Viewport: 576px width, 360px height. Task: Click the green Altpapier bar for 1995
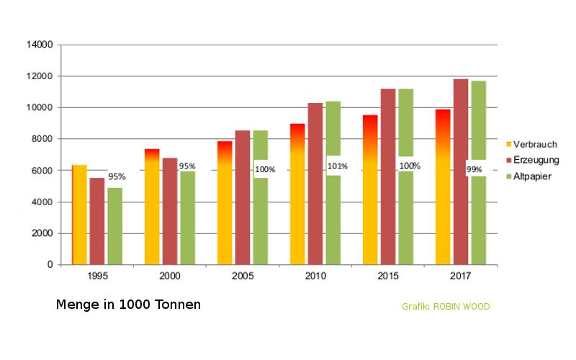pyautogui.click(x=115, y=226)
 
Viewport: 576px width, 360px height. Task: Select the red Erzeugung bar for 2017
pyautogui.click(x=461, y=173)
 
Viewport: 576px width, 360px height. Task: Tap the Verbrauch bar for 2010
pyautogui.click(x=297, y=194)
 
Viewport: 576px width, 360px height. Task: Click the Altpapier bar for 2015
pyautogui.click(x=405, y=216)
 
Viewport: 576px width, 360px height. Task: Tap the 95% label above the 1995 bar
pyautogui.click(x=117, y=176)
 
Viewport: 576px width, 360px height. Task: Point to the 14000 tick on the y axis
pyautogui.click(x=40, y=45)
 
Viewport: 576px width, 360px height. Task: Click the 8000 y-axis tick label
pyautogui.click(x=42, y=139)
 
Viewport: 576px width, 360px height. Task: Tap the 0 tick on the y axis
pyautogui.click(x=50, y=265)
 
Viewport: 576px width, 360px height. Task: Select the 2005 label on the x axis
pyautogui.click(x=243, y=276)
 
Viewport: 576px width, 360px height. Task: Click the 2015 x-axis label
pyautogui.click(x=388, y=276)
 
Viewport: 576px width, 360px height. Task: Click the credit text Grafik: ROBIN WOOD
pyautogui.click(x=446, y=307)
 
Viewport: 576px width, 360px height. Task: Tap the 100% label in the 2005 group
pyautogui.click(x=264, y=169)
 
